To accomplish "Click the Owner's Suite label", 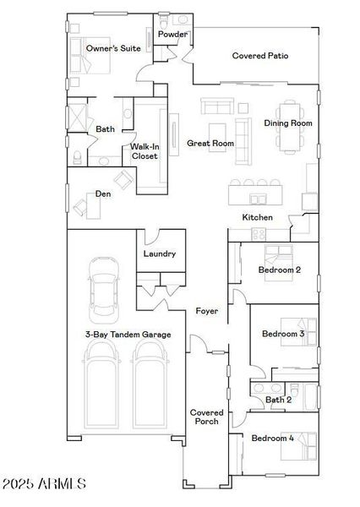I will coord(113,49).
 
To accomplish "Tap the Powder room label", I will coord(172,35).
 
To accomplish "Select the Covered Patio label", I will coord(260,56).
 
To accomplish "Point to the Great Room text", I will coord(210,144).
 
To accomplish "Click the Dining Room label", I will coord(288,123).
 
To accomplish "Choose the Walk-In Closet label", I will coord(144,151).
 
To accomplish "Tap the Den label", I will coord(103,194).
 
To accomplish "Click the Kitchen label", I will coord(258,217).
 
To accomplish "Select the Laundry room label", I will coord(159,253).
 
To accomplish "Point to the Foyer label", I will coord(207,311).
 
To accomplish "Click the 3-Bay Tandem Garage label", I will coord(128,335).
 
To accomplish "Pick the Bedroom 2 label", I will coord(280,270).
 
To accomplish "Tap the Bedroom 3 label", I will coord(283,335).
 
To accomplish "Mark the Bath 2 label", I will coord(278,399).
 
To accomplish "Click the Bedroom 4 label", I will coord(273,438).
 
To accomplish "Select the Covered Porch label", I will coord(205,417).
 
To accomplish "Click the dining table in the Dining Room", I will coord(291,124).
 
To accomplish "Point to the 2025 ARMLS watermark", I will coord(43,484).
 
